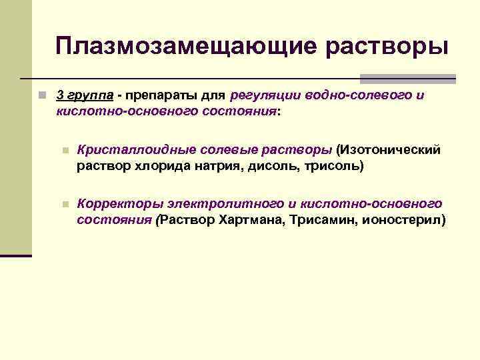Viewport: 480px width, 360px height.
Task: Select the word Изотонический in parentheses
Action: [x=390, y=149]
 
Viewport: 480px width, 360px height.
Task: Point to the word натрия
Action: [x=217, y=165]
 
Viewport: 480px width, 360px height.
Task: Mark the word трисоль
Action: [x=334, y=165]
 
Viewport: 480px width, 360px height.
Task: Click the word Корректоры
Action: [x=119, y=203]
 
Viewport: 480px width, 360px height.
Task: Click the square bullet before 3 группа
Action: [x=42, y=95]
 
